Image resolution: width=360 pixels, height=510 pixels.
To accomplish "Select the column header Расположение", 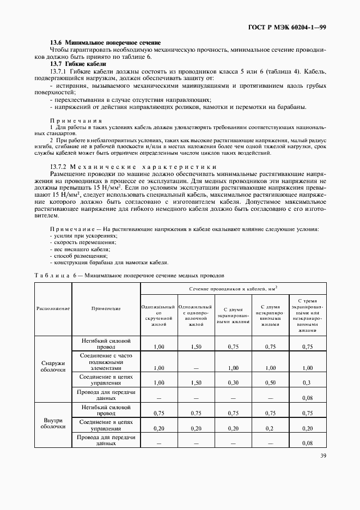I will point(53,308).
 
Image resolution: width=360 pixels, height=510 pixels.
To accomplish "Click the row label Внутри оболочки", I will point(53,423).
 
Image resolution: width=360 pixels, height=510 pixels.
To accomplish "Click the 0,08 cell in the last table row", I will point(307,444).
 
